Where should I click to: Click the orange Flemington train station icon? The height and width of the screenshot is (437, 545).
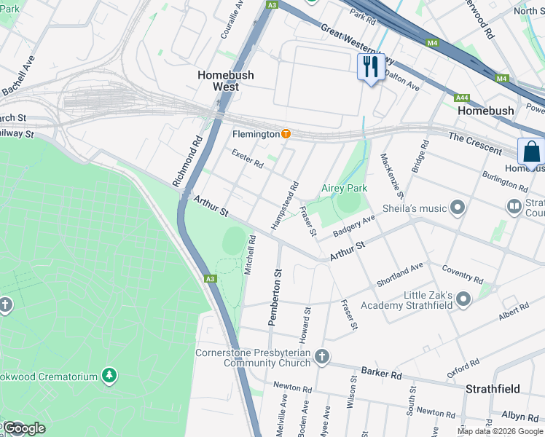286,134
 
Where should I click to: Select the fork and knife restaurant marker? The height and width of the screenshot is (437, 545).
371,68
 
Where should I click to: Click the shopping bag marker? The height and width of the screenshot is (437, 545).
531,152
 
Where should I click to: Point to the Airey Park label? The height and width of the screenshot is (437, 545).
345,188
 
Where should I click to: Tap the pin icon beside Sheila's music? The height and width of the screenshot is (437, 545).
458,209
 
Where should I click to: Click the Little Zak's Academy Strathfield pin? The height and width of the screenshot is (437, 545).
464,297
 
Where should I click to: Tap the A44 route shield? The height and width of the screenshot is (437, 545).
462,98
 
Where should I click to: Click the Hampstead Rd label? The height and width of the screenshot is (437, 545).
286,206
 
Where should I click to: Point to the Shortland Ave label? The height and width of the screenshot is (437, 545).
399,275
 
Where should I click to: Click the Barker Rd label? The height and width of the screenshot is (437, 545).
381,374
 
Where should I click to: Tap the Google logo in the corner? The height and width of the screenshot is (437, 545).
23,428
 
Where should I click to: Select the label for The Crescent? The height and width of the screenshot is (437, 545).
475,143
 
